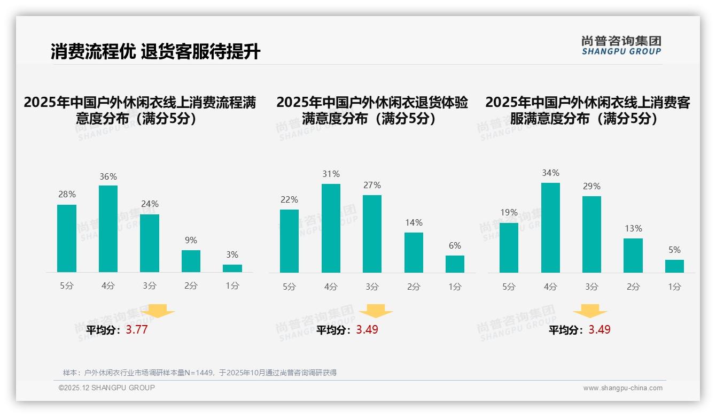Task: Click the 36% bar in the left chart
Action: [x=108, y=229]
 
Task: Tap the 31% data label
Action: [x=331, y=174]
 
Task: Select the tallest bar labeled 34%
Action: [x=550, y=228]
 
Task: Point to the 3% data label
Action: [x=232, y=255]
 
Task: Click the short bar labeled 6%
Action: [x=455, y=264]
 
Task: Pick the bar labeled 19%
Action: [x=509, y=248]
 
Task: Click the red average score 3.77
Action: [x=137, y=330]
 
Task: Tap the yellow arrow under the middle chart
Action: [x=376, y=311]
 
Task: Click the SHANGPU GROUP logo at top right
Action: [x=621, y=45]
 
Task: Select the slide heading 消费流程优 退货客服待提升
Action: [x=155, y=52]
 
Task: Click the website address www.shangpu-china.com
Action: [x=622, y=388]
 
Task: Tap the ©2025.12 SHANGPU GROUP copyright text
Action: [x=106, y=388]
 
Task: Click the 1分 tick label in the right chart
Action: [x=674, y=287]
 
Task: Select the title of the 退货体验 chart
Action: [x=372, y=110]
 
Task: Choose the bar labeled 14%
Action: [x=414, y=252]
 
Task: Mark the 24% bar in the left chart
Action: [x=150, y=243]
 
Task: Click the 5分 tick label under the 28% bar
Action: [x=67, y=286]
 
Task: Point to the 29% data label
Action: [x=592, y=187]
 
